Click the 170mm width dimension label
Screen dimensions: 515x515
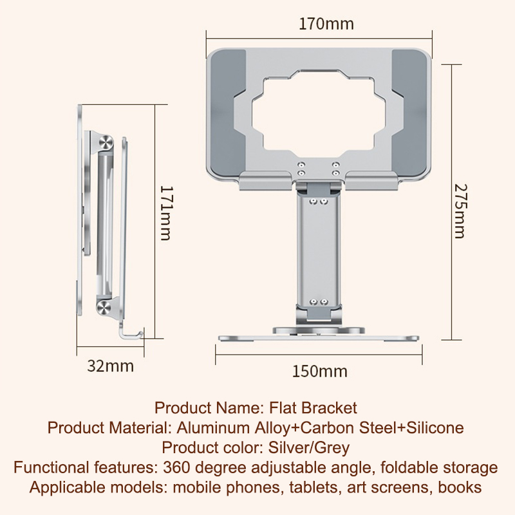coord(326,24)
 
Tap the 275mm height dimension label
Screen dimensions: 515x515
coord(460,211)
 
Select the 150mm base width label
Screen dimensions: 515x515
coord(319,371)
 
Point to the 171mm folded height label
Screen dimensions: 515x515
coord(166,214)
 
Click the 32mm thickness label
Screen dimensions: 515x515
coord(110,366)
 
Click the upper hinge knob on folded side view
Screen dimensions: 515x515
coord(106,143)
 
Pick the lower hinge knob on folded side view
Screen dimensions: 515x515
coord(104,307)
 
